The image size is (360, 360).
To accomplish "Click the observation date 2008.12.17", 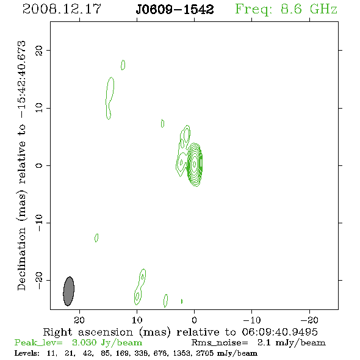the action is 62,9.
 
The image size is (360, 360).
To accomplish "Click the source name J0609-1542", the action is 175,9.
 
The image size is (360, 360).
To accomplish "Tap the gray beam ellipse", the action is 69,291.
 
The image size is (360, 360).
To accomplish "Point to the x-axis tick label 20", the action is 79,320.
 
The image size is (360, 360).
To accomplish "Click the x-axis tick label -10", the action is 252,320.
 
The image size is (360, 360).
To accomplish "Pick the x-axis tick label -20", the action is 309,320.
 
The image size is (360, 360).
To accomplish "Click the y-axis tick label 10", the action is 39,107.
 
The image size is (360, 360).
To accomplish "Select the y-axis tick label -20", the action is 39,281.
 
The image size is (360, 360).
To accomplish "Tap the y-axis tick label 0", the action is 39,165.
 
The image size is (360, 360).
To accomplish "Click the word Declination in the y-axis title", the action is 21,259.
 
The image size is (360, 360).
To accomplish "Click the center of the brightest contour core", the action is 195,164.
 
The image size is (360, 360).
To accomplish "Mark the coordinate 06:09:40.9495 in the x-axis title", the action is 279,332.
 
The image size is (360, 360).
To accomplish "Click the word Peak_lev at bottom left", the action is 38,342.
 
